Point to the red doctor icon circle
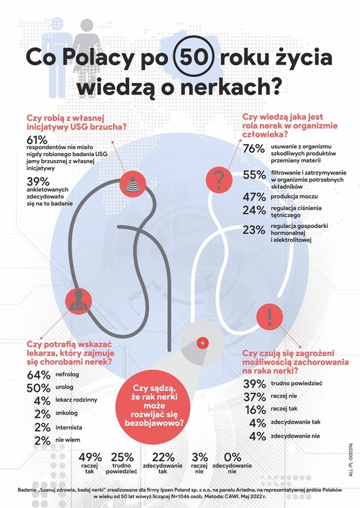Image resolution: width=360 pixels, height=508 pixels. coord(77,300)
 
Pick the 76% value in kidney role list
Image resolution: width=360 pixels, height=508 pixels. coord(253,149)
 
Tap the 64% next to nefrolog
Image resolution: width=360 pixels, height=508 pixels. coord(38,375)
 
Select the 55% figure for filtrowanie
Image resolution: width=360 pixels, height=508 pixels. coord(253,174)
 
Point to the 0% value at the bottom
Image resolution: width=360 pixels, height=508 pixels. coord(231,457)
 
